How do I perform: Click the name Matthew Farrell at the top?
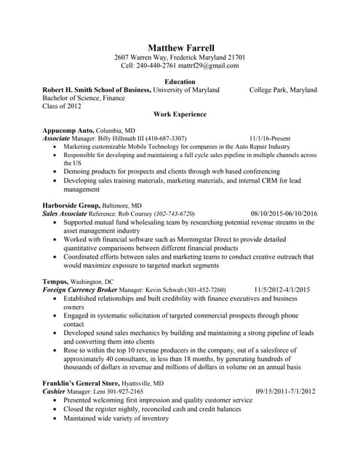point(180,46)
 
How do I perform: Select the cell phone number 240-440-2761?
point(159,65)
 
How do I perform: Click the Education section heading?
point(180,81)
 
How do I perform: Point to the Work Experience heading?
point(180,114)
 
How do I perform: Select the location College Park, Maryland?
point(283,90)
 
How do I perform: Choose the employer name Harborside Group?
point(71,206)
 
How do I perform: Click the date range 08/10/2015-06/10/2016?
point(284,214)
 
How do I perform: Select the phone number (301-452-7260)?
point(201,289)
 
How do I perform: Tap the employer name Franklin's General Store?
point(84,383)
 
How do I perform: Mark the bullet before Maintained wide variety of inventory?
point(56,418)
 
